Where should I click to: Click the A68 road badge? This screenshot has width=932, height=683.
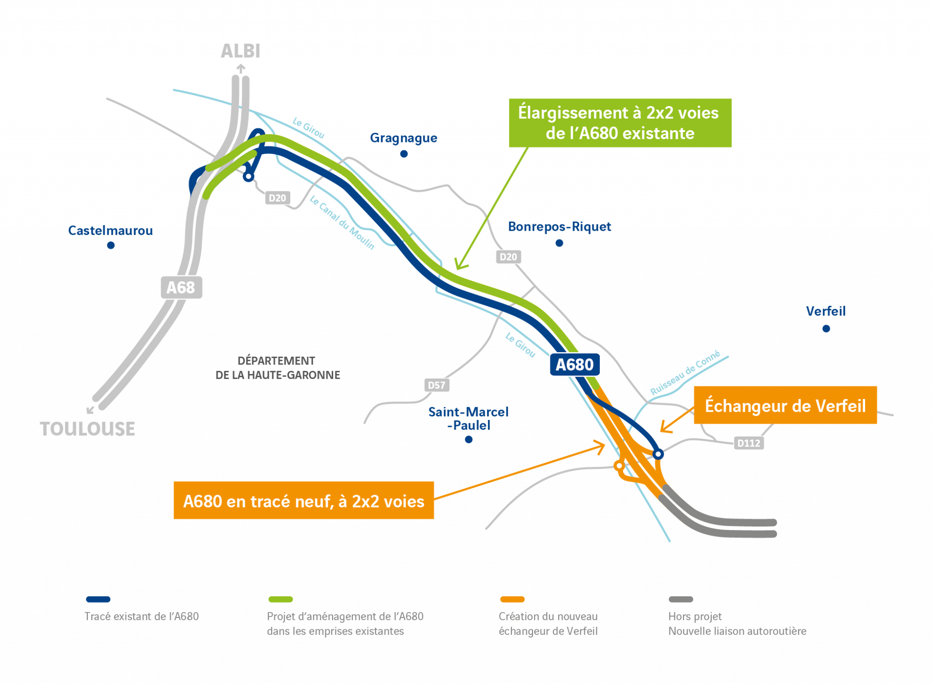coord(181,287)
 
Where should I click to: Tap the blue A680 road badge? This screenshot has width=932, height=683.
coord(575,364)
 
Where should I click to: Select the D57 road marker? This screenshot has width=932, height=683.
coord(436,385)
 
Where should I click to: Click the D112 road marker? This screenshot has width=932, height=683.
coord(749,443)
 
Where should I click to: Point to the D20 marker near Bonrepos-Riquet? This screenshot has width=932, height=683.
coord(508,257)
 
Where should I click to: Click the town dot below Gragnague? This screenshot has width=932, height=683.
coord(404,154)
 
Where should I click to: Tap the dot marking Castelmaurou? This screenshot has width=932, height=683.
coord(111,245)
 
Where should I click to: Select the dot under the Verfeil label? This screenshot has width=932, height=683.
coord(826,329)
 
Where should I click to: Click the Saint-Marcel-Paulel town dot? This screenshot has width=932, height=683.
coord(469,439)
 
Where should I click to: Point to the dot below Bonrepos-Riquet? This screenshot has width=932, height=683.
coord(559,243)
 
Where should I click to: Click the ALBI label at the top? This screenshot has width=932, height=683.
coord(240,51)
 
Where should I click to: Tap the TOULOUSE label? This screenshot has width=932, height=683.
coord(87,429)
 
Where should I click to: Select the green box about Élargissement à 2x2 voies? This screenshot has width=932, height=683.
coord(620,123)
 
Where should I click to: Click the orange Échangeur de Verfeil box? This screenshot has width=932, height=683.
coord(785,405)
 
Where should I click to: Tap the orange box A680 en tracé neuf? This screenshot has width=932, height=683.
coord(304,501)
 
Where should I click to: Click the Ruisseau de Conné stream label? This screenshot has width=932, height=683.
coord(685,372)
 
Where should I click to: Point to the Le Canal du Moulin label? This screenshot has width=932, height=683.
coord(342,222)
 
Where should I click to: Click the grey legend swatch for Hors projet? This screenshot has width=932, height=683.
coord(680,599)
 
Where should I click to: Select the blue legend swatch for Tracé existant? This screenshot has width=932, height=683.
coord(98,599)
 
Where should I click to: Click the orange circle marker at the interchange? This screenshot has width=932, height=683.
coord(619,465)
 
